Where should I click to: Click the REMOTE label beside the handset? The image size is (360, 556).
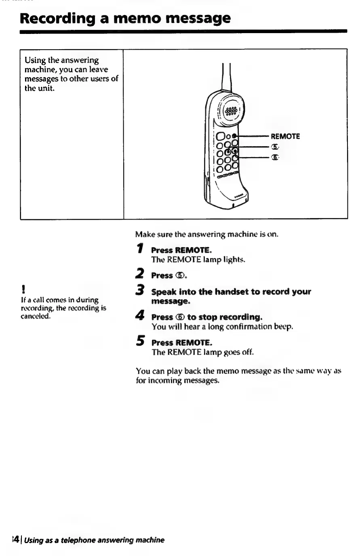pyautogui.click(x=285, y=136)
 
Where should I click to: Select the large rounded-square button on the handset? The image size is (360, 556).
pyautogui.click(x=221, y=136)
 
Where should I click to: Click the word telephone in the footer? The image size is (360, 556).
pyautogui.click(x=77, y=540)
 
